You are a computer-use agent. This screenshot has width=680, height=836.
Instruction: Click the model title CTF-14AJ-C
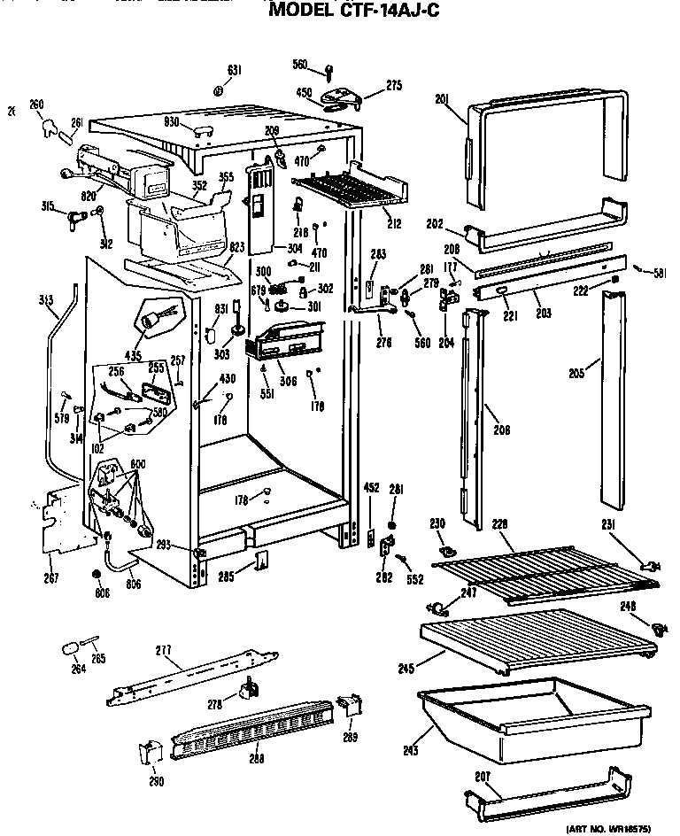[x=353, y=12]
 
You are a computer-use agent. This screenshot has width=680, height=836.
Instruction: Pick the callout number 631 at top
[x=234, y=70]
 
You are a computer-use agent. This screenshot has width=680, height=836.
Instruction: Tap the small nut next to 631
[x=218, y=90]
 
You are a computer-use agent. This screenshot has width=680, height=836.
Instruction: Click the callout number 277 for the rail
[x=163, y=651]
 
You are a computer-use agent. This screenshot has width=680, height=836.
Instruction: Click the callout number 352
[x=200, y=185]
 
